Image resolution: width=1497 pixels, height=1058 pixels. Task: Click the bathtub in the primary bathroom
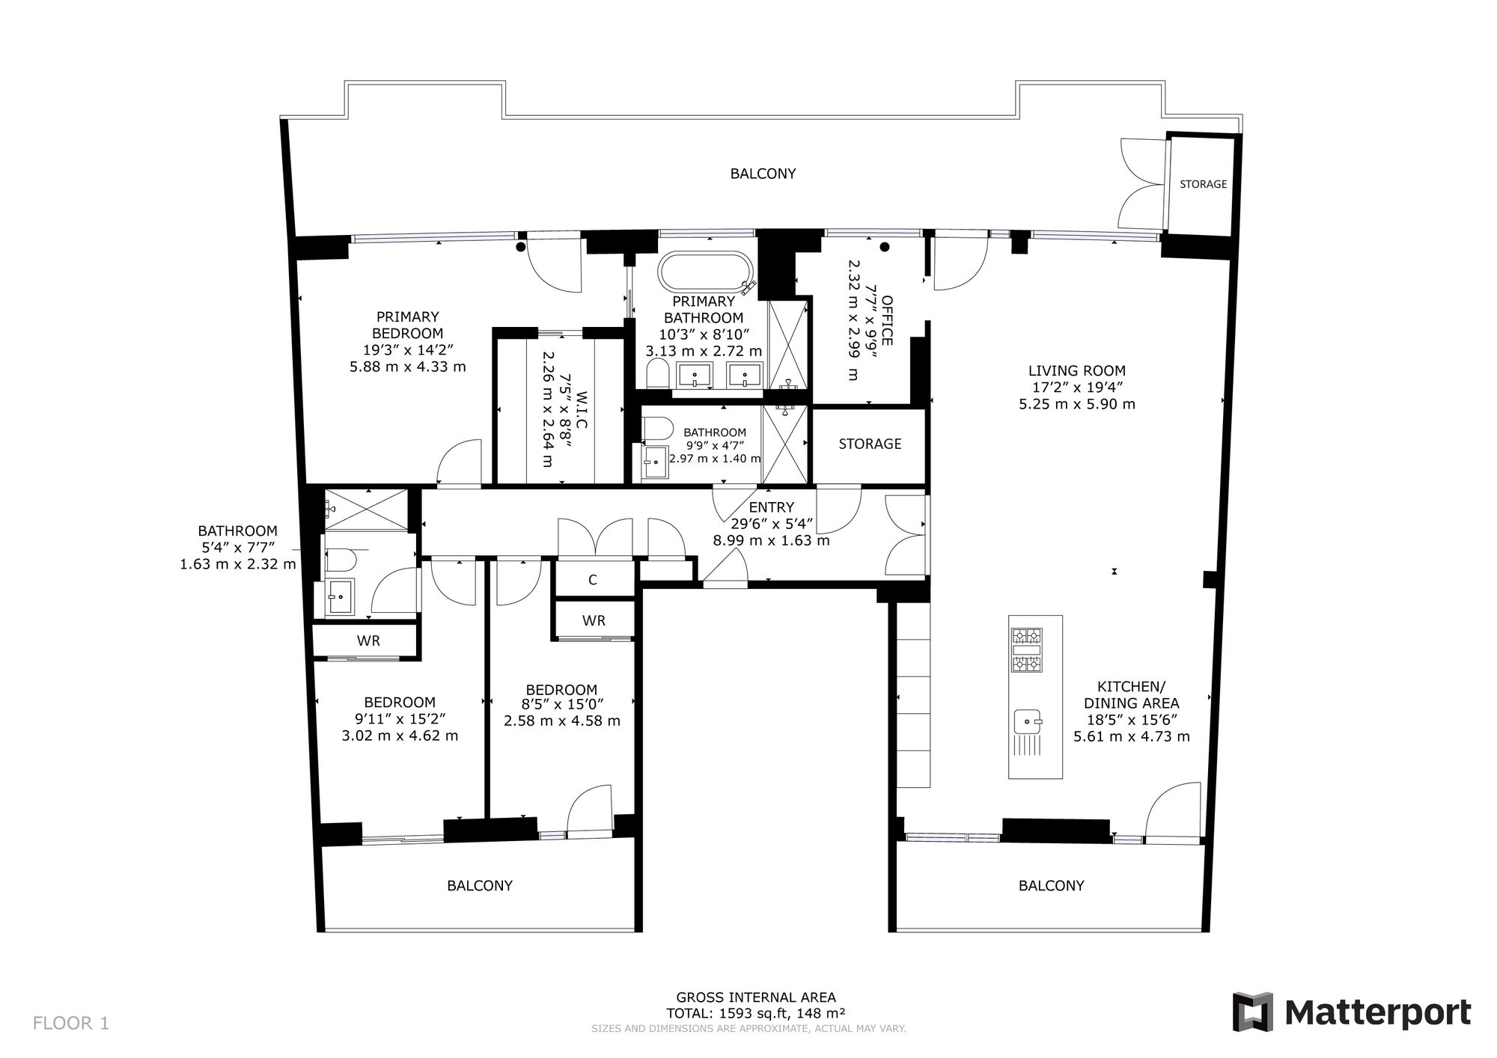coord(706,273)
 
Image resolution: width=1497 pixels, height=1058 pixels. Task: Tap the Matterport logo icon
coord(1253,1012)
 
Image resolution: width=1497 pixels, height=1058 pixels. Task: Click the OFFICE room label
coord(887,320)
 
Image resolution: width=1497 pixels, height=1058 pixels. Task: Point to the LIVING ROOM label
coord(1076,370)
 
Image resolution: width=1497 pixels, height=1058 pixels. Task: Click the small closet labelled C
coord(593,580)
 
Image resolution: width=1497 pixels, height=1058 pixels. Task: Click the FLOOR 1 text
coord(71,1023)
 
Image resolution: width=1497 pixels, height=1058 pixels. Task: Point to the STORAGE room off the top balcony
coord(1203,184)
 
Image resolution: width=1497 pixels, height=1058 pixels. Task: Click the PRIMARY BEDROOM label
coord(408,325)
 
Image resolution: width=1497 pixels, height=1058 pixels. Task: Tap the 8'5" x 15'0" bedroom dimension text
coord(561,705)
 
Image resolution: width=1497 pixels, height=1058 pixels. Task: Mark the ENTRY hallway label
coord(771,507)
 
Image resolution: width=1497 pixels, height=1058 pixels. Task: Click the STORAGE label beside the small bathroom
coord(870,444)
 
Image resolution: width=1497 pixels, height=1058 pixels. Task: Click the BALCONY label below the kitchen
coord(1051,886)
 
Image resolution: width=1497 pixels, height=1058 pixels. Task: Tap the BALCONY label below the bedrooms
coord(480,886)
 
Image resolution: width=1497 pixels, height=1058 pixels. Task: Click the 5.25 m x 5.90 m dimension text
coord(1076,404)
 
